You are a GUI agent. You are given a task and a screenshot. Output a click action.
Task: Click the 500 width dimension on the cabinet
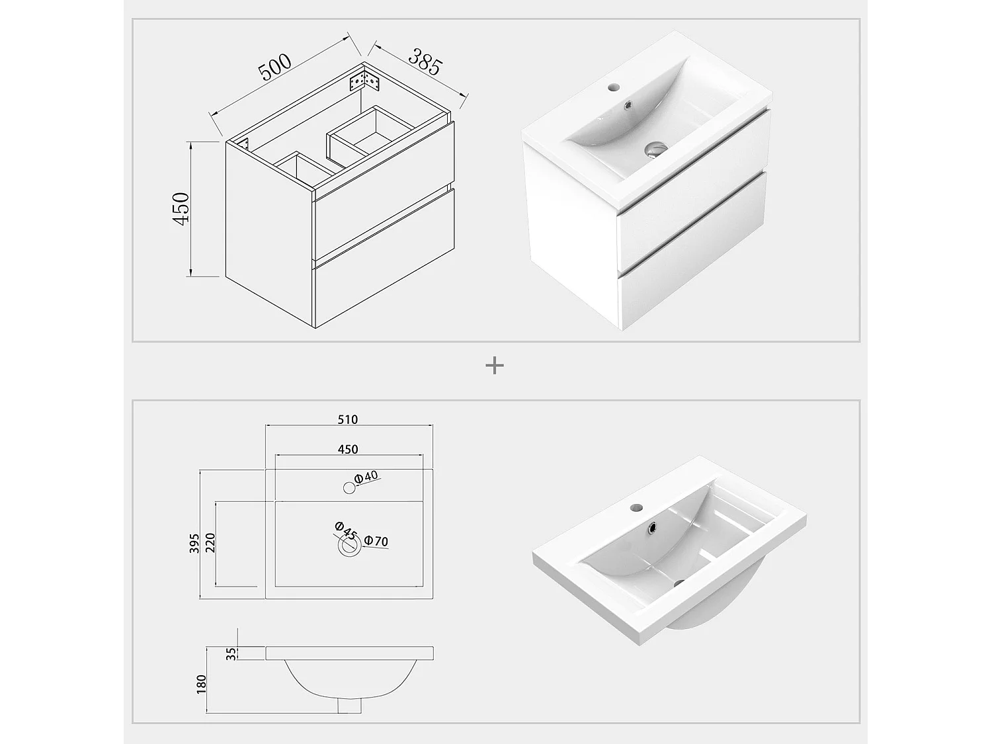275,67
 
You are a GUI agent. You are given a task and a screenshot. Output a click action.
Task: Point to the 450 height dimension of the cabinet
181,208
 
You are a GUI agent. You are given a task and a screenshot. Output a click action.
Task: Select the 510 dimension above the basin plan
348,419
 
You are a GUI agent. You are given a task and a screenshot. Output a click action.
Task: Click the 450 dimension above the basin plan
348,449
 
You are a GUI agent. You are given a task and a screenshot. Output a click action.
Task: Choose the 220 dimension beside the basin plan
211,544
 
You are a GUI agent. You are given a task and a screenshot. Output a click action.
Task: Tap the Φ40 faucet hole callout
366,477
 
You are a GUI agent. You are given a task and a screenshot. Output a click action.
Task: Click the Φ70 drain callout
376,542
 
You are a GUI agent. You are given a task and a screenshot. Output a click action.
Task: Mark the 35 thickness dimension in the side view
230,653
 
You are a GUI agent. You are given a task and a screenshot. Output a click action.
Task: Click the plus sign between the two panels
495,365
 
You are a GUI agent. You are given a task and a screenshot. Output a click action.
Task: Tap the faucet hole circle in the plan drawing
349,488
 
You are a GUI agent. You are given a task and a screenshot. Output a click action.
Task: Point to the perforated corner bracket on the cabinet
364,81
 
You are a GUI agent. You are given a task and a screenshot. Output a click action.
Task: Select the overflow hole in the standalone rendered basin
653,528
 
